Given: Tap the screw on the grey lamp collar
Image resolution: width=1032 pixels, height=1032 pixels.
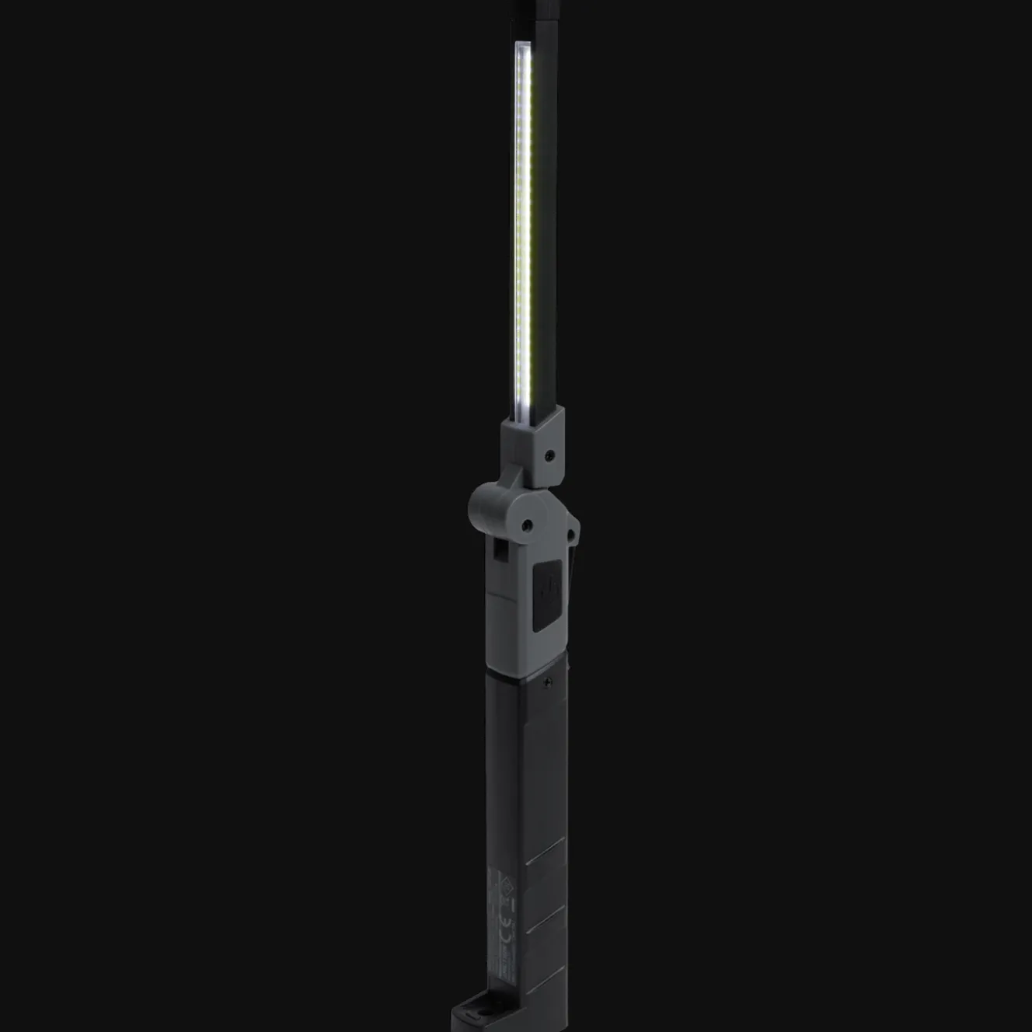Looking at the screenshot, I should (x=550, y=453).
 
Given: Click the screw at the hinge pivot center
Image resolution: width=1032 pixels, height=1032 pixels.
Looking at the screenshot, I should (x=527, y=525).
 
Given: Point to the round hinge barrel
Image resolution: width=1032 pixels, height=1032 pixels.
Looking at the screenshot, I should (x=483, y=505).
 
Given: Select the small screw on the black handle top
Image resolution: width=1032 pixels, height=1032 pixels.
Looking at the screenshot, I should (x=549, y=682).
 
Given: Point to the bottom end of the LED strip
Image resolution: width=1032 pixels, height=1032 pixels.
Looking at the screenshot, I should (x=522, y=416).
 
